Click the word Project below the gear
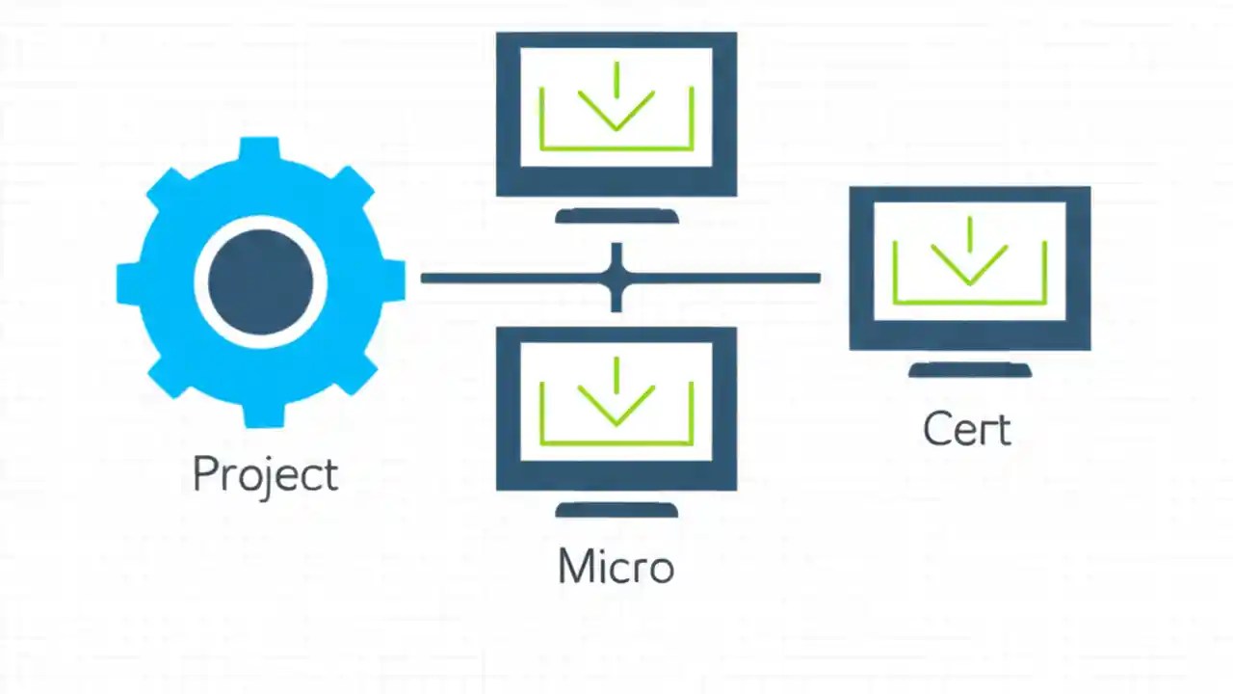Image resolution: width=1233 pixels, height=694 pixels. point(265,474)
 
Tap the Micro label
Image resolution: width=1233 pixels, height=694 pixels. point(616,566)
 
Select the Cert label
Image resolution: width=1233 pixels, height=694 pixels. point(966,429)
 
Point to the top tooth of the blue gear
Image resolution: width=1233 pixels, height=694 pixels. point(260,150)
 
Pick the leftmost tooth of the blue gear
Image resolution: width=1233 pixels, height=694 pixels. point(129,281)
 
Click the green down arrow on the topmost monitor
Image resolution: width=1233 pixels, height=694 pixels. point(616,106)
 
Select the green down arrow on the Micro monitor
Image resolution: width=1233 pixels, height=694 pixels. point(616,400)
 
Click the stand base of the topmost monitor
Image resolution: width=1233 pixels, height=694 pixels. point(616,217)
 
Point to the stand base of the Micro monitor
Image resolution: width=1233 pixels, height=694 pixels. point(616,510)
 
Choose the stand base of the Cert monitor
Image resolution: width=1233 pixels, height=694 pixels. point(970,370)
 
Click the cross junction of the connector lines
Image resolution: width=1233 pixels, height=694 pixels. point(616,279)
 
